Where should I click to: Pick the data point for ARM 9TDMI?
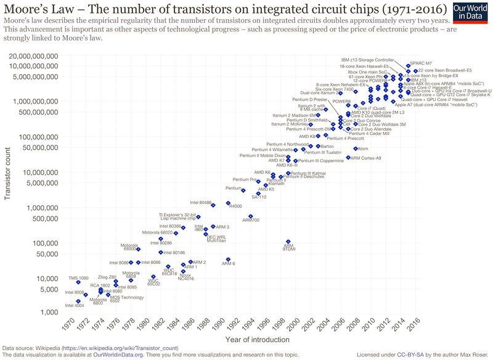pos(288,242)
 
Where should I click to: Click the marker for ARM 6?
pos(228,260)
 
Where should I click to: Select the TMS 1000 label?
pos(78,278)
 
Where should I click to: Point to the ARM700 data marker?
pos(250,216)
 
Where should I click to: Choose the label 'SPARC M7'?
pos(421,64)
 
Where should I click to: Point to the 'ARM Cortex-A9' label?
pos(366,158)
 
